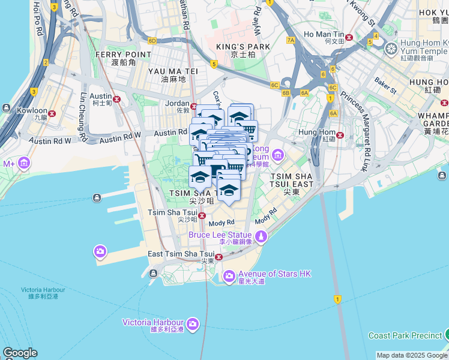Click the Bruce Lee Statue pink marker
(261, 238)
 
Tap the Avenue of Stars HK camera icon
(229, 277)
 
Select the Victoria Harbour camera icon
(192, 325)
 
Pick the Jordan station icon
(194, 106)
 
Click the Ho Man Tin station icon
(349, 37)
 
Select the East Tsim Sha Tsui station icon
(218, 257)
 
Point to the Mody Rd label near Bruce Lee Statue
(222, 222)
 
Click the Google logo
(20, 353)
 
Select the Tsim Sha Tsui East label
(292, 180)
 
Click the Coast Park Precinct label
(405, 335)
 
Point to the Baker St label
(385, 85)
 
